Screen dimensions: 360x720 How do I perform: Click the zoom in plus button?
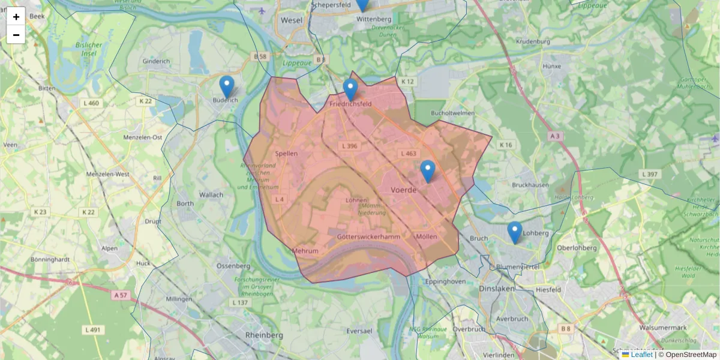click(16, 17)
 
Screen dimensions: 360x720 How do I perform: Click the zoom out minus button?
click(16, 35)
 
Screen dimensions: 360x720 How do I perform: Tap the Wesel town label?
click(292, 20)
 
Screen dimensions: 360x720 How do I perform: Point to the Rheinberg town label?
click(264, 334)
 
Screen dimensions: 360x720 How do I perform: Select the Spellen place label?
click(286, 154)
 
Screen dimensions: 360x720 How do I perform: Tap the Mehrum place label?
click(305, 251)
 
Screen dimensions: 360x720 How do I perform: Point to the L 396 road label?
click(349, 146)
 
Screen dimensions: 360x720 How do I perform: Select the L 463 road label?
click(407, 154)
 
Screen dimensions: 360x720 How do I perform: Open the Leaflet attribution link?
click(641, 355)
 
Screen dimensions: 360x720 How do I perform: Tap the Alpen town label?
click(109, 248)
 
